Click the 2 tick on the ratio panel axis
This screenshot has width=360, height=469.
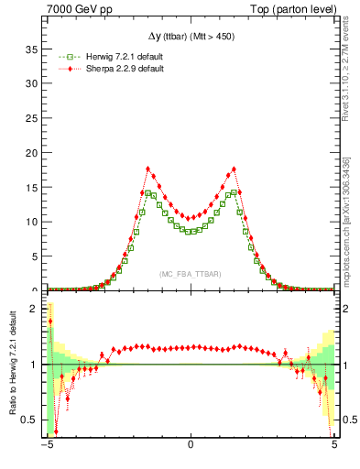[38, 309]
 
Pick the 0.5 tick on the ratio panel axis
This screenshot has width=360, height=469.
[33, 420]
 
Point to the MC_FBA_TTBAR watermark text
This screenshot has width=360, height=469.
[190, 275]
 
